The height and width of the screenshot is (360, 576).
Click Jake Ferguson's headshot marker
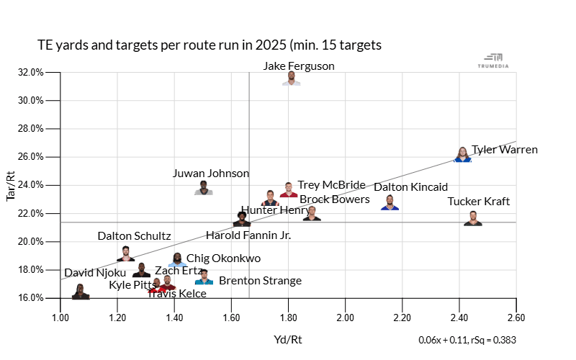292,78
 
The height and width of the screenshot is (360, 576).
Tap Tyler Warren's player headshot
463,155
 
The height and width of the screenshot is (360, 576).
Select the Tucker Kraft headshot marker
473,219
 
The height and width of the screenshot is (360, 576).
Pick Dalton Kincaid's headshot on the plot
390,203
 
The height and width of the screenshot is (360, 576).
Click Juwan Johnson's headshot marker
204,189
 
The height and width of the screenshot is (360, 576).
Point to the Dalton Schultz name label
134,236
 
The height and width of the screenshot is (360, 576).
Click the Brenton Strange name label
260,281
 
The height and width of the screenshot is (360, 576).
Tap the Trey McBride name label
331,186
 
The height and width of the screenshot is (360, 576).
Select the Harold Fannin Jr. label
248,235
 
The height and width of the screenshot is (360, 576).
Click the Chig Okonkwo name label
223,258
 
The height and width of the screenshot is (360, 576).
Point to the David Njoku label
94,274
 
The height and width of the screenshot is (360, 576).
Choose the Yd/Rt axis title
288,339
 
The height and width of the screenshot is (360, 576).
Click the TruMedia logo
493,60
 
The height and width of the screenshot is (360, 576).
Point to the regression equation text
467,340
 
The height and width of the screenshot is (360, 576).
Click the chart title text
209,45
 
